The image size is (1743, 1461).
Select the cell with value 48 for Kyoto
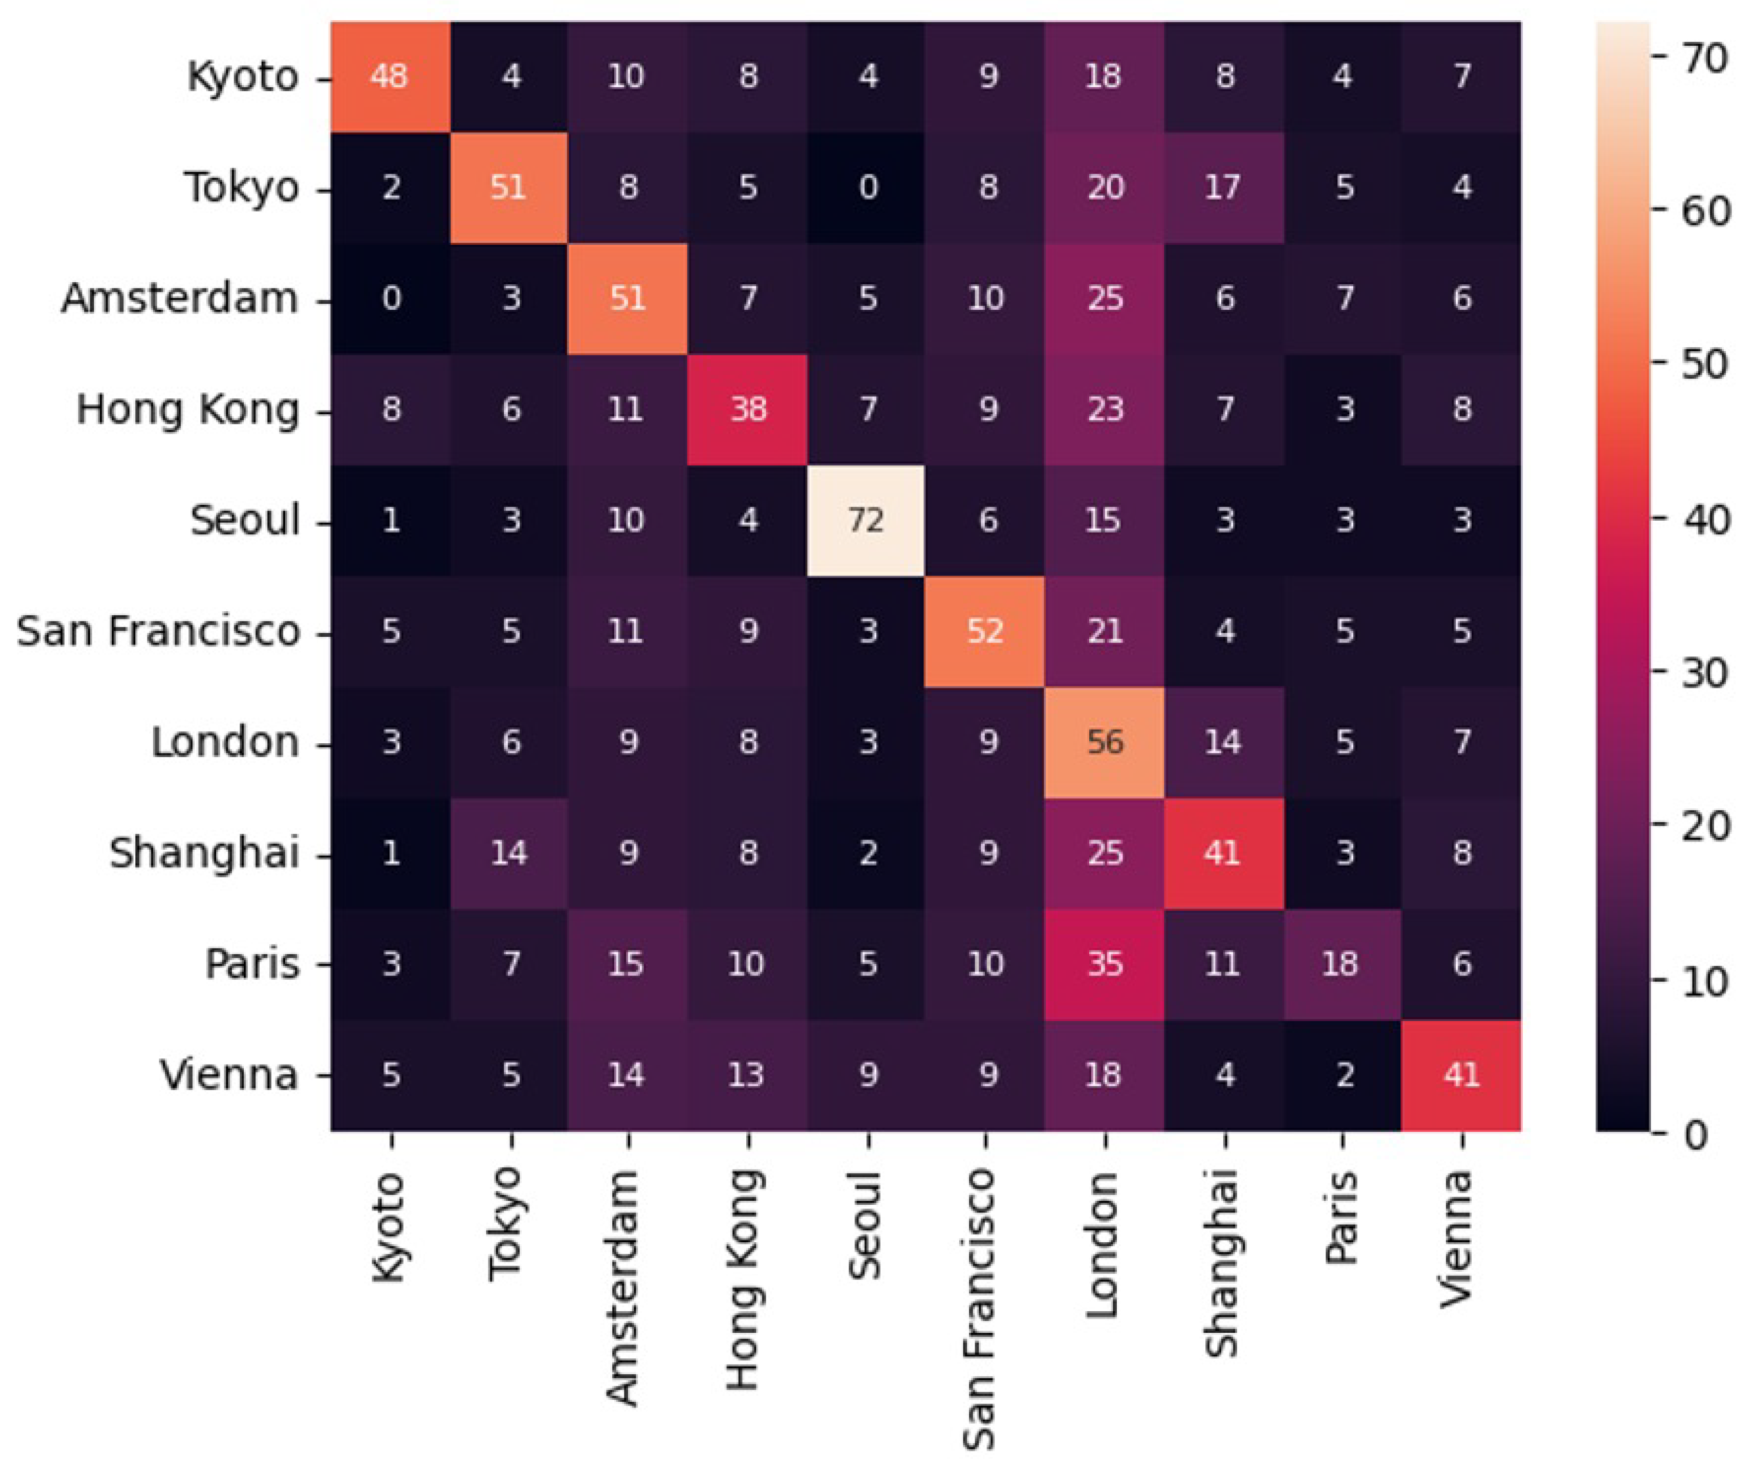click(390, 77)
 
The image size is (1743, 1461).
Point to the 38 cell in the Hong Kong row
click(747, 409)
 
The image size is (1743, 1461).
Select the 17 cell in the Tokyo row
click(1223, 187)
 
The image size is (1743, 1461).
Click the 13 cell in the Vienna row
click(747, 1075)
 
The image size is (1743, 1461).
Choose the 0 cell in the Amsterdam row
click(390, 298)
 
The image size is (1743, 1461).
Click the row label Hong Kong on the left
click(187, 409)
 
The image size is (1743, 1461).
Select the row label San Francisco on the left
click(158, 631)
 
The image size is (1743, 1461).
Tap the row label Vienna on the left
click(229, 1075)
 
